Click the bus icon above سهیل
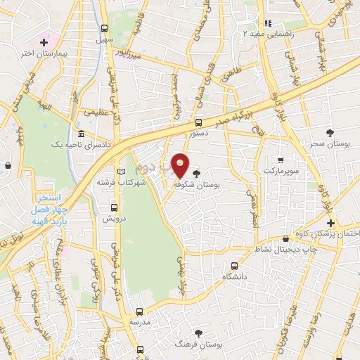point(104,29)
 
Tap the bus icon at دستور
point(198,121)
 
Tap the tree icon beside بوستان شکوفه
point(195,173)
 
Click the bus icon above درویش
point(114,207)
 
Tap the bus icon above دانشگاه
point(235,266)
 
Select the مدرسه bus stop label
point(139,321)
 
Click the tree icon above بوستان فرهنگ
point(200,333)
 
